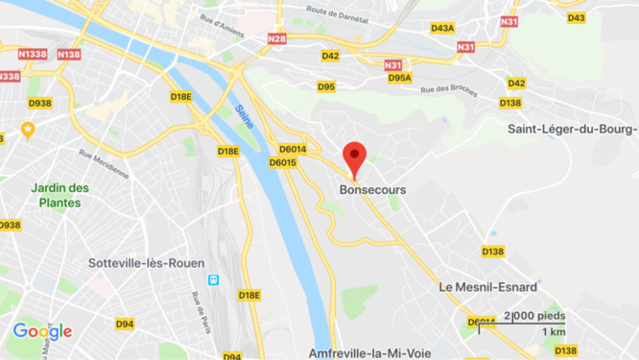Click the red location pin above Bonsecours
click(x=355, y=156)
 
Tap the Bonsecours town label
click(x=372, y=190)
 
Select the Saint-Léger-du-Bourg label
click(x=573, y=130)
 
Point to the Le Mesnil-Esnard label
click(x=487, y=287)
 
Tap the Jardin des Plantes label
click(x=59, y=194)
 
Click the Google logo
click(x=42, y=332)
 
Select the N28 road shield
click(x=277, y=38)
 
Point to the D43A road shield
click(x=442, y=28)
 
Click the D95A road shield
click(x=400, y=78)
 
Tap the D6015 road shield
click(x=283, y=162)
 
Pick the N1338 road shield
click(x=33, y=55)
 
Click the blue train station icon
click(x=214, y=280)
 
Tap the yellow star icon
click(x=27, y=129)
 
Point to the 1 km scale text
click(x=553, y=332)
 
